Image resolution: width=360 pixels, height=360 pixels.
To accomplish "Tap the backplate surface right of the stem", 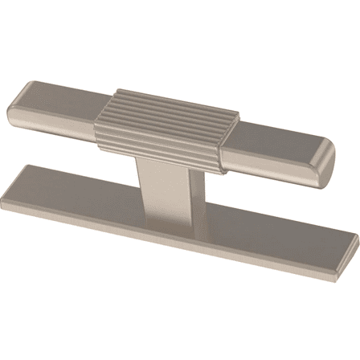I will (241, 221).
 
